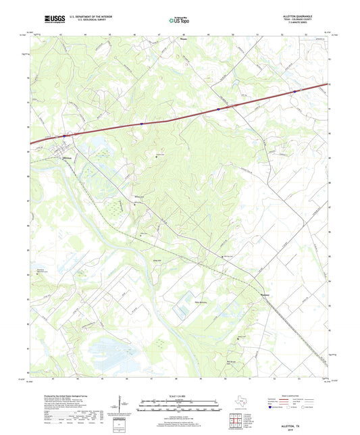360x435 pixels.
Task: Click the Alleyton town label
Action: [66, 159]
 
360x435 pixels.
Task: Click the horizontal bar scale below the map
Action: [179, 407]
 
